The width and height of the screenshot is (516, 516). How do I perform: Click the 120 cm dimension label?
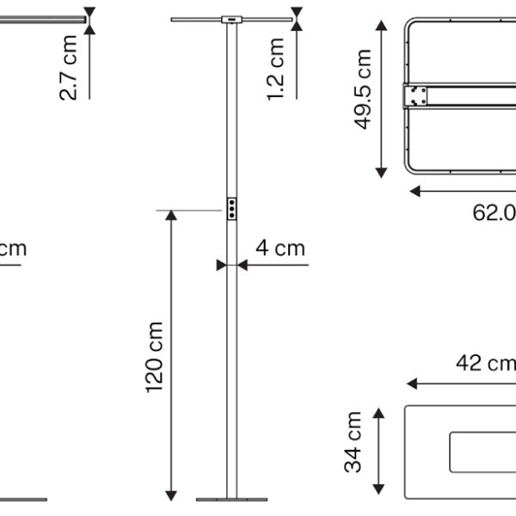155,357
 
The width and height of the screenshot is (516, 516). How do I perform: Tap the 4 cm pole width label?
279,249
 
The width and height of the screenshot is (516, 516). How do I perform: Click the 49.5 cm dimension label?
363,89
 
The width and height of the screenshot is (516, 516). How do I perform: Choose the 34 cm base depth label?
354,441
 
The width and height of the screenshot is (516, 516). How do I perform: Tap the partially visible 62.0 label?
494,212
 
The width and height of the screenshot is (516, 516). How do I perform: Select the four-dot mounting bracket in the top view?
417,95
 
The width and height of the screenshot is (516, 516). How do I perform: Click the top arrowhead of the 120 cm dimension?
172,216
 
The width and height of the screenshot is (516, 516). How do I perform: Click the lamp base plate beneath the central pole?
231,499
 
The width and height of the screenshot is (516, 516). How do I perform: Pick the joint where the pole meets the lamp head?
231,19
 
